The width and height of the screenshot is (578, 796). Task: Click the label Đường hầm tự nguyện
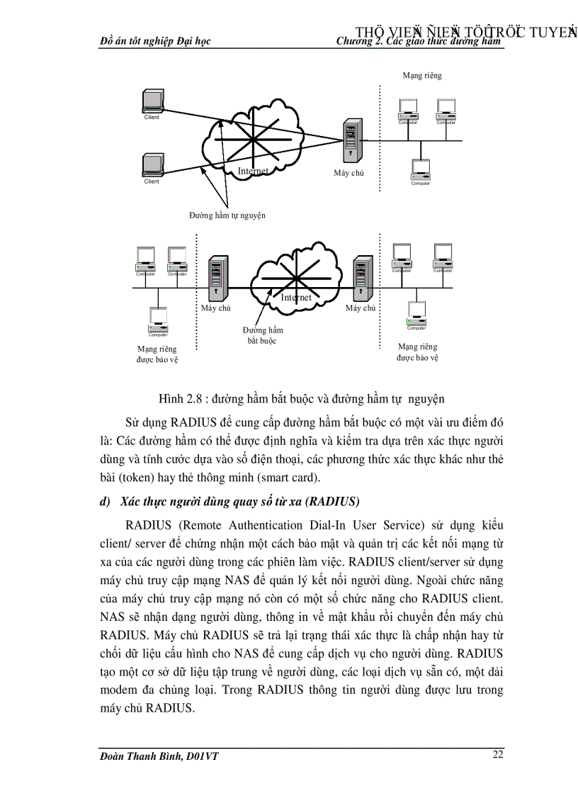(x=227, y=215)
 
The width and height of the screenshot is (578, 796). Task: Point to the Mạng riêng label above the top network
(x=422, y=75)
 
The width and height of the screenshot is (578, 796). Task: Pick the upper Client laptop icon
(x=152, y=101)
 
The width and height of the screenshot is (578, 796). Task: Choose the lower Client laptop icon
(x=152, y=164)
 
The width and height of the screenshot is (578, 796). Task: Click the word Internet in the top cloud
(x=253, y=171)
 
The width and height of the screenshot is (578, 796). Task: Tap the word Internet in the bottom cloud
(x=296, y=298)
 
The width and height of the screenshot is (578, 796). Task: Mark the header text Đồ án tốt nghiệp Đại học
(x=156, y=42)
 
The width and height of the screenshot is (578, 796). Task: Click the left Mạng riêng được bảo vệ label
(x=157, y=354)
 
